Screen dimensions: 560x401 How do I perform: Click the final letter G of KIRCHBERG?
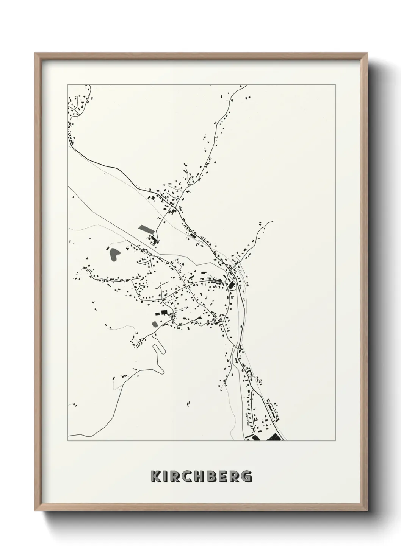(x=247, y=476)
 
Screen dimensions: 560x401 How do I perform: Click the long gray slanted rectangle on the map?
(x=146, y=229)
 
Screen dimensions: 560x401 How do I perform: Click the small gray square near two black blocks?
(x=155, y=324)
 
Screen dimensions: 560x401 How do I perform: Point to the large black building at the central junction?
(x=231, y=285)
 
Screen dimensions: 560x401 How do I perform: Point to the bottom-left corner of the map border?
(x=68, y=441)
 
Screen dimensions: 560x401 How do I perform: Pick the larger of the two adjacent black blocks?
(x=164, y=312)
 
